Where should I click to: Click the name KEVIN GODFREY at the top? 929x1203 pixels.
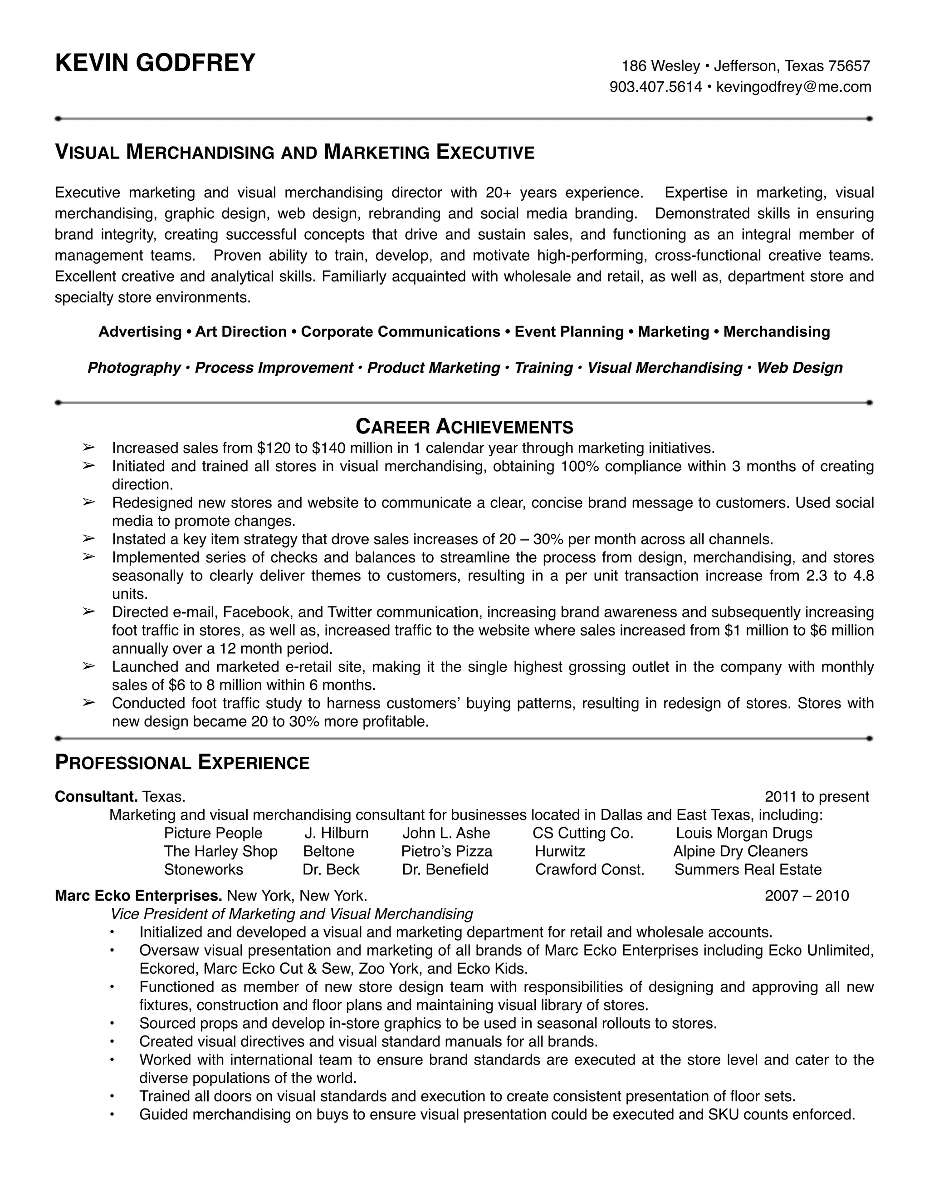tap(155, 63)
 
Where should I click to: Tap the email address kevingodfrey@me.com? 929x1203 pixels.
tap(794, 87)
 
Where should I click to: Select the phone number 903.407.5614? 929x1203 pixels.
tap(655, 87)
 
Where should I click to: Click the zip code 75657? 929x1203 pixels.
tap(849, 66)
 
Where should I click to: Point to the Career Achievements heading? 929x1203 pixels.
tap(464, 427)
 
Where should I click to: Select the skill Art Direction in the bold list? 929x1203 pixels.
tap(241, 331)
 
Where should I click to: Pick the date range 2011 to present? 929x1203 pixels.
tap(817, 797)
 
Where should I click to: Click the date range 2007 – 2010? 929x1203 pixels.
tap(807, 895)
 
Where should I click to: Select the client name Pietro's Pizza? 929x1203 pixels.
tap(446, 851)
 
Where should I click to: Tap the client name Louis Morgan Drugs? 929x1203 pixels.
tap(743, 833)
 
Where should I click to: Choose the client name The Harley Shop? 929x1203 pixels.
tap(220, 851)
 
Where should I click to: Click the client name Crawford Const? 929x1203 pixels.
tap(589, 869)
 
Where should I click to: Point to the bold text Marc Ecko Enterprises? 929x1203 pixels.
tap(138, 895)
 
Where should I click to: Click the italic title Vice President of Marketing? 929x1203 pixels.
tap(291, 914)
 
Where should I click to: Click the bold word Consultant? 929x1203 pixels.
tap(96, 797)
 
